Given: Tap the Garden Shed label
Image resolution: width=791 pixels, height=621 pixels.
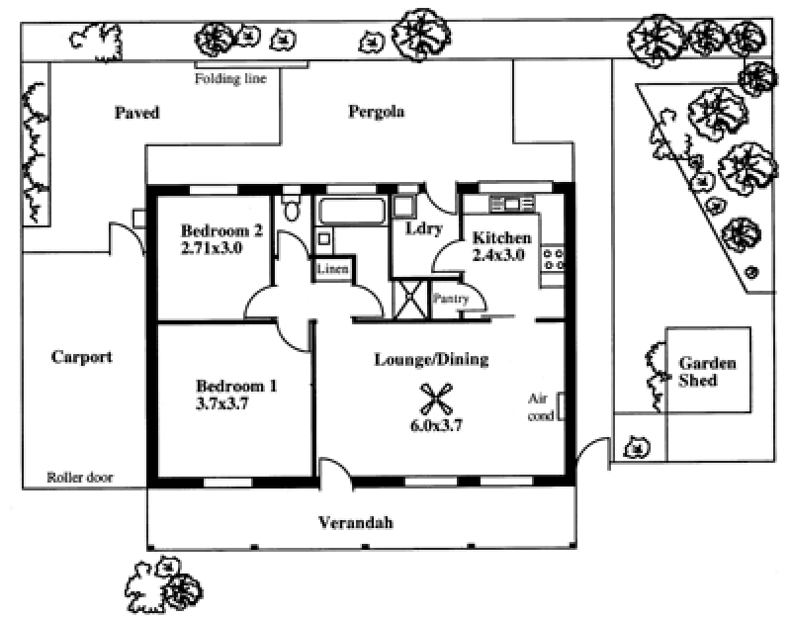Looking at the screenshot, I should [707, 372].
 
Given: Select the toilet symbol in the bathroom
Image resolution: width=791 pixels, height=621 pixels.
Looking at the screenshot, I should [291, 209].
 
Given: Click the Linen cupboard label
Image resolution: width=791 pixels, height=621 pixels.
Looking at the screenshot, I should [330, 269].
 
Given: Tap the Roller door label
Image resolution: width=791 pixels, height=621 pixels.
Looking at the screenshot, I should [80, 478].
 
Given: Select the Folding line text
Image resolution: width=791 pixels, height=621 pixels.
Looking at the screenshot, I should [231, 78].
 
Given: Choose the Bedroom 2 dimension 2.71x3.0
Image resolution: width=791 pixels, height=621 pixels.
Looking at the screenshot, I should [212, 248].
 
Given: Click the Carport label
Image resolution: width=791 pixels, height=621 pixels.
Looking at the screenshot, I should [81, 357].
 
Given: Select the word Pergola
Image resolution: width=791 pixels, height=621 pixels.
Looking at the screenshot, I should [376, 112].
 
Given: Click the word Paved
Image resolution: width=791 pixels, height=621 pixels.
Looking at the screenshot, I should [135, 112].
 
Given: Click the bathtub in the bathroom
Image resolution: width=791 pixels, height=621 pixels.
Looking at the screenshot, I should [351, 212].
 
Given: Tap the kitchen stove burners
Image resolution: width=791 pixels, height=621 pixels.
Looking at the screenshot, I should [554, 259].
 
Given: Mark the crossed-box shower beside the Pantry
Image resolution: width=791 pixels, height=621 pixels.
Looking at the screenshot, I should [408, 298].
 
